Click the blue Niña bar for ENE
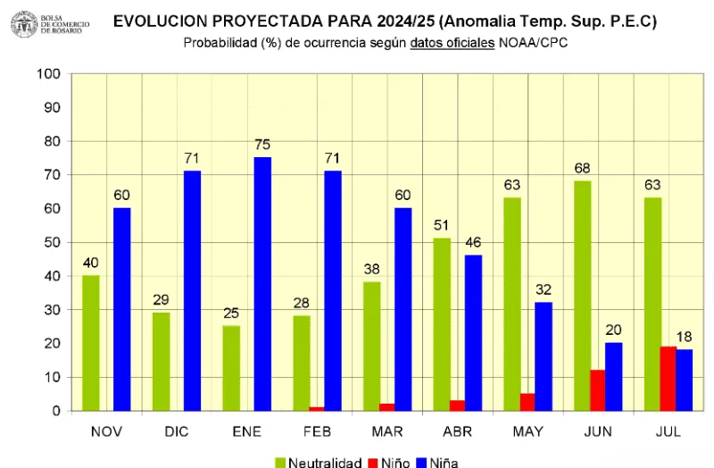[262, 284]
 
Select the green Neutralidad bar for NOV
[90, 343]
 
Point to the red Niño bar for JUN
[597, 390]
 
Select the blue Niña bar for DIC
[192, 290]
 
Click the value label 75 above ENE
[262, 144]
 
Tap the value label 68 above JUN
[582, 167]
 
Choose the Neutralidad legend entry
[318, 462]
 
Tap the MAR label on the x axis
[386, 431]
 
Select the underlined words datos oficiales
[452, 43]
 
